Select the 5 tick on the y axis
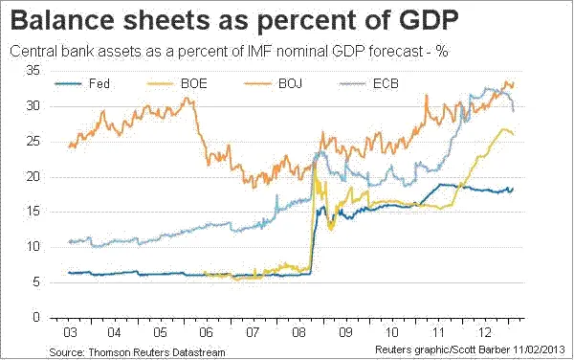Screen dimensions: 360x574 [35, 282]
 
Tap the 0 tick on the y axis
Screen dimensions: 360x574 [35, 317]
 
